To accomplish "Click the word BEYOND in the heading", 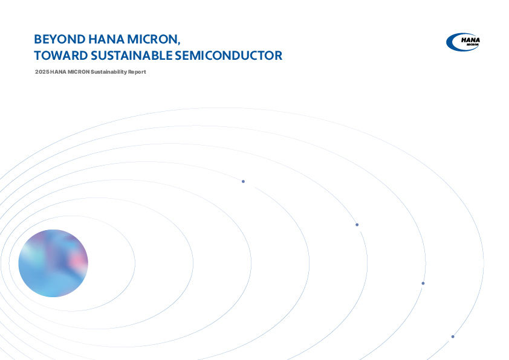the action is coord(60,39).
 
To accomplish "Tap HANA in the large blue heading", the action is coord(106,39).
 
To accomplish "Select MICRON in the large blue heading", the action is coord(152,39).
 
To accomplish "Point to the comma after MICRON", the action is coord(178,43).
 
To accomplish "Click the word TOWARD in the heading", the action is coord(61,56).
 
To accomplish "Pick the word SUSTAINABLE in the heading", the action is coord(131,56).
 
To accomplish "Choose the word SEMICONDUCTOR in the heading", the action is coord(229,56).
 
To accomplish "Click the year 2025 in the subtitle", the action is coord(42,72).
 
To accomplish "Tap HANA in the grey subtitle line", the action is coord(58,72).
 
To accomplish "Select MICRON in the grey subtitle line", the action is coord(79,72).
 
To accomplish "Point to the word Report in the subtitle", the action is coord(137,72).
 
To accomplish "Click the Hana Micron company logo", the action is coord(463,42).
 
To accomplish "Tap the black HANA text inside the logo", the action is coord(471,40).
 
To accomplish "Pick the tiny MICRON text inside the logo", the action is coord(473,45).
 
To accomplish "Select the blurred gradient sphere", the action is coord(53,263).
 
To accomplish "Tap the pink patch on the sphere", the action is coord(78,260).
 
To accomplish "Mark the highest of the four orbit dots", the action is coord(243,181).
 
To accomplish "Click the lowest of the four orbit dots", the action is coord(453,336).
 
